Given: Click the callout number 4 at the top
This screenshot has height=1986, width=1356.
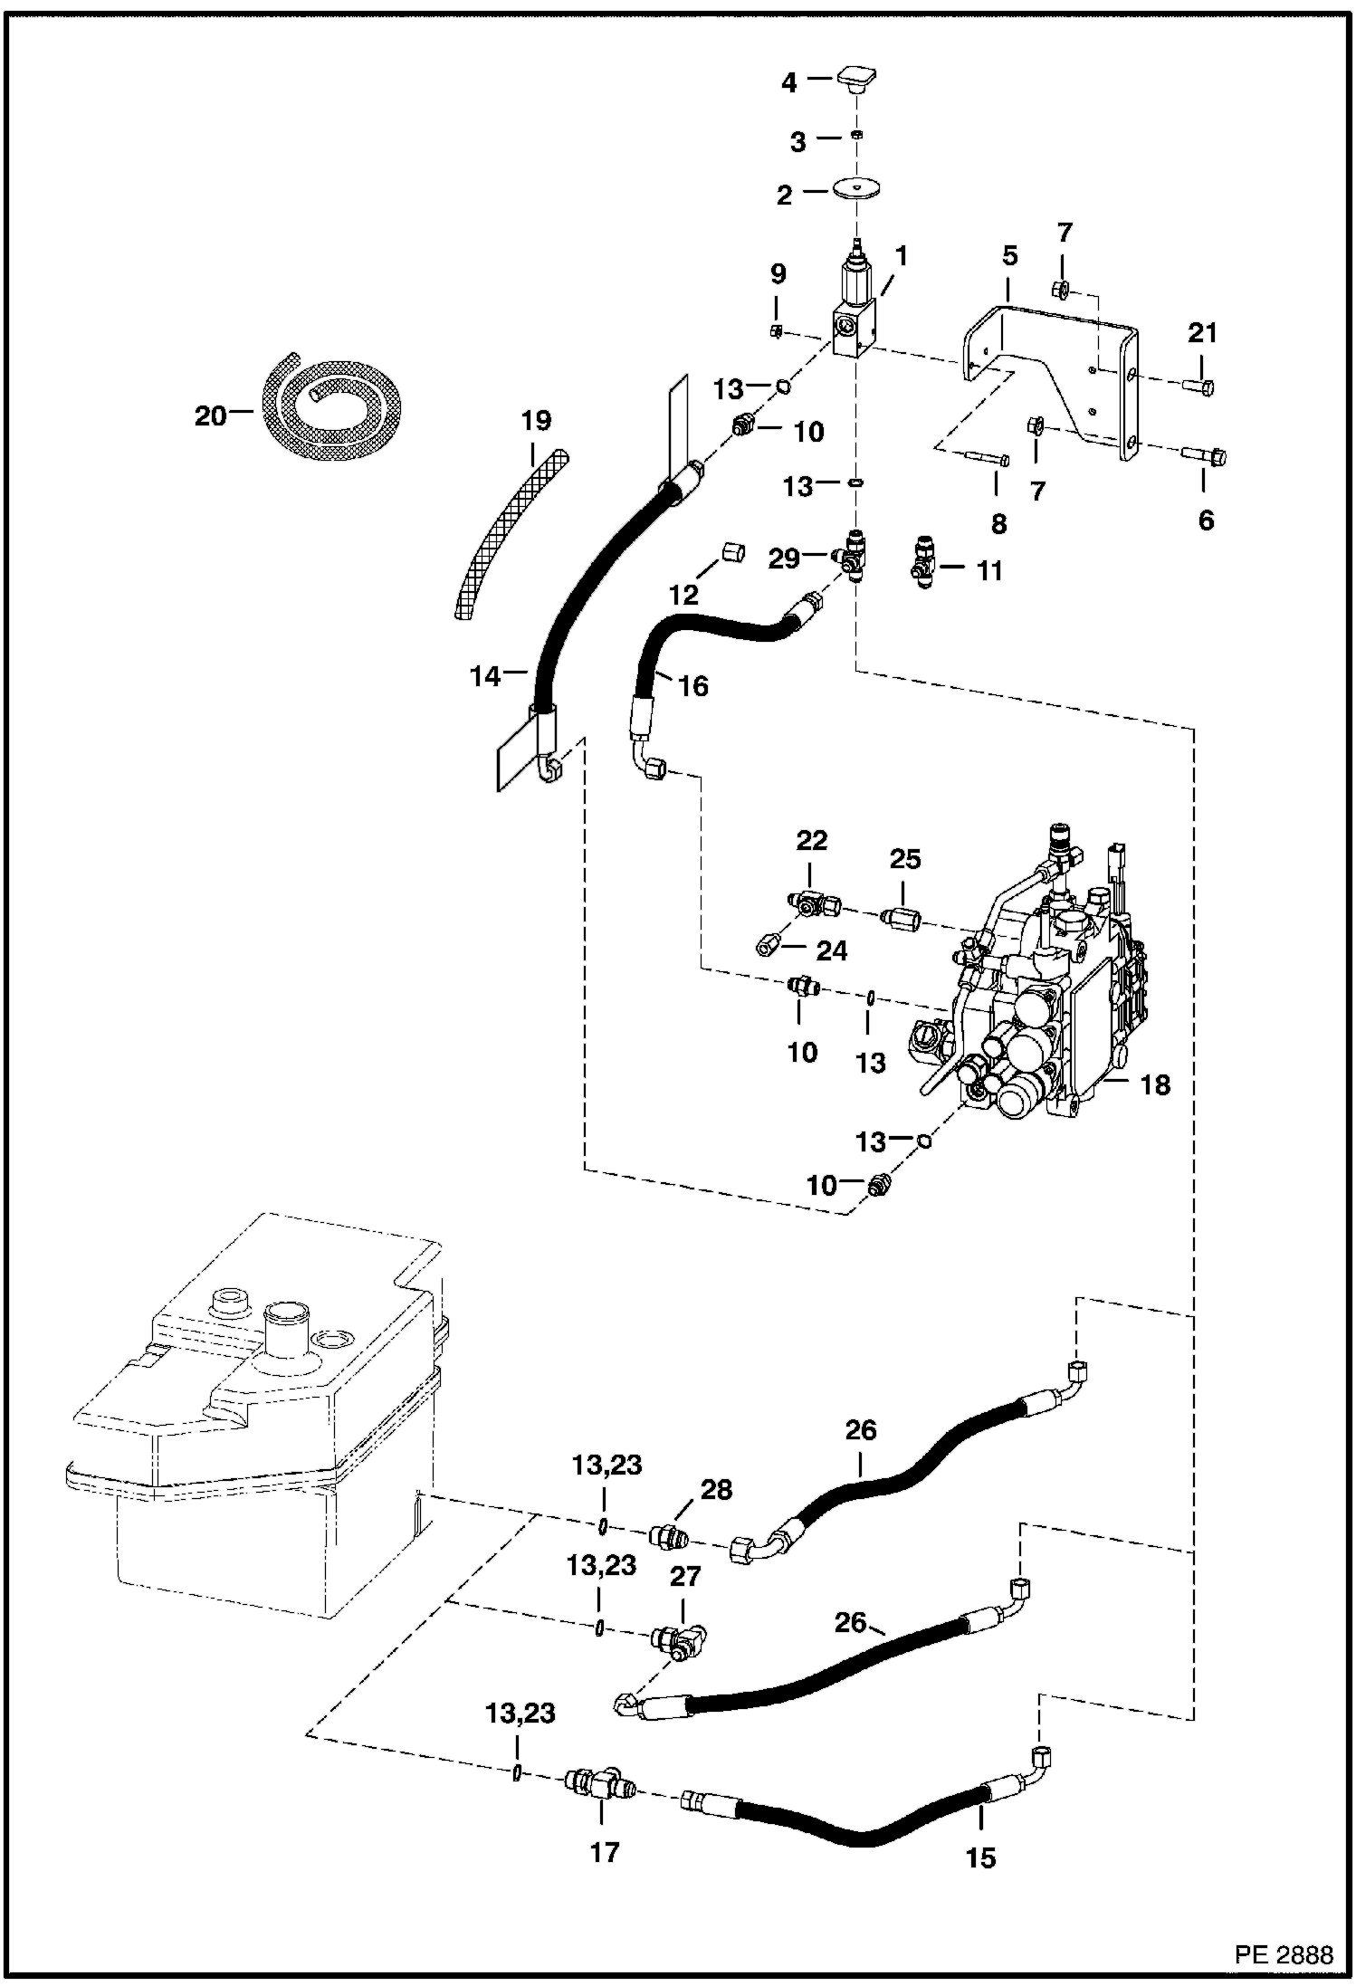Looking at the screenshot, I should [789, 83].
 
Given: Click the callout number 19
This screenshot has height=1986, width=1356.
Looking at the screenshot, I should [536, 421].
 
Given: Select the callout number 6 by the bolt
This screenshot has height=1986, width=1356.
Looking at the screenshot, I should [1206, 520].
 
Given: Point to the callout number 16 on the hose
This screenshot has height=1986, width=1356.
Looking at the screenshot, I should [693, 686].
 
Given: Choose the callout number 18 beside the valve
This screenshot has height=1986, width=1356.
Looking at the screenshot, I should [1155, 1084].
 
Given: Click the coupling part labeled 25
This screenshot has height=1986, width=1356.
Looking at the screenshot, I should [902, 920].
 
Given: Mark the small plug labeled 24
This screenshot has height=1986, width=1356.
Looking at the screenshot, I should [767, 946].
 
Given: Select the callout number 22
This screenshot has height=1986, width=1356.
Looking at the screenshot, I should [811, 841].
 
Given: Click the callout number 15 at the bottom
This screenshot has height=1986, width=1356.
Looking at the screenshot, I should [980, 1858].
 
